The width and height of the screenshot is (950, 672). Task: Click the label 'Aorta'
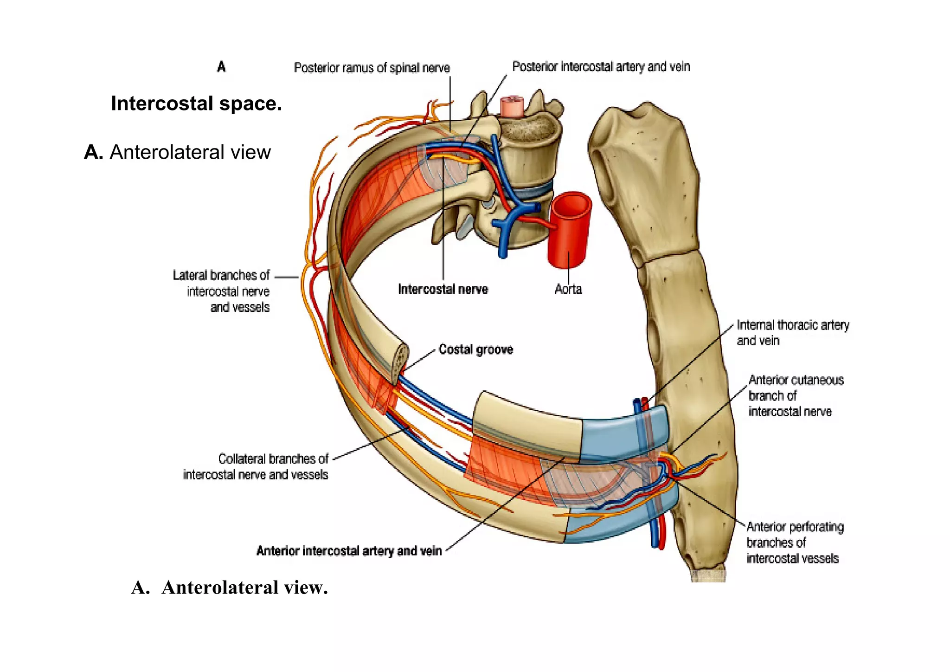pos(568,290)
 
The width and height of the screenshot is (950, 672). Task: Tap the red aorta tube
pos(569,232)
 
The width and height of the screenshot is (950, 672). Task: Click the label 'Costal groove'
pos(475,349)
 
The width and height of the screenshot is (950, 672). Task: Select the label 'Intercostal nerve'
pos(443,290)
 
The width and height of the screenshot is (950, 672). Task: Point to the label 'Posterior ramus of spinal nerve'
pos(372,68)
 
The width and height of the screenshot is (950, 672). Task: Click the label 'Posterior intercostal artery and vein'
pos(601,67)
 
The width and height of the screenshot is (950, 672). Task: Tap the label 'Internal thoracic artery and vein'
pos(792,333)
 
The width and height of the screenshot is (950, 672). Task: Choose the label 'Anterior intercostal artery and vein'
pos(349,551)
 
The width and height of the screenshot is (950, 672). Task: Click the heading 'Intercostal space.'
pos(196,103)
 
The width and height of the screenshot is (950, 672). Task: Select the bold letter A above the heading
pos(221,67)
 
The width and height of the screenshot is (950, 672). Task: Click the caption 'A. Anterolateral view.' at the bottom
pos(230,588)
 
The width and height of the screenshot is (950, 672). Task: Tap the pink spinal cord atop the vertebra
pos(512,106)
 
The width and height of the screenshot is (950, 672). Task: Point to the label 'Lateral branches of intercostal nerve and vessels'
pos(227,291)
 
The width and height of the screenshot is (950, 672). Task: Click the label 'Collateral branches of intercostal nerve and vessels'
pos(256,467)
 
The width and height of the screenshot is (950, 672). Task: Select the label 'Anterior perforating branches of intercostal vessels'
pos(794,543)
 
